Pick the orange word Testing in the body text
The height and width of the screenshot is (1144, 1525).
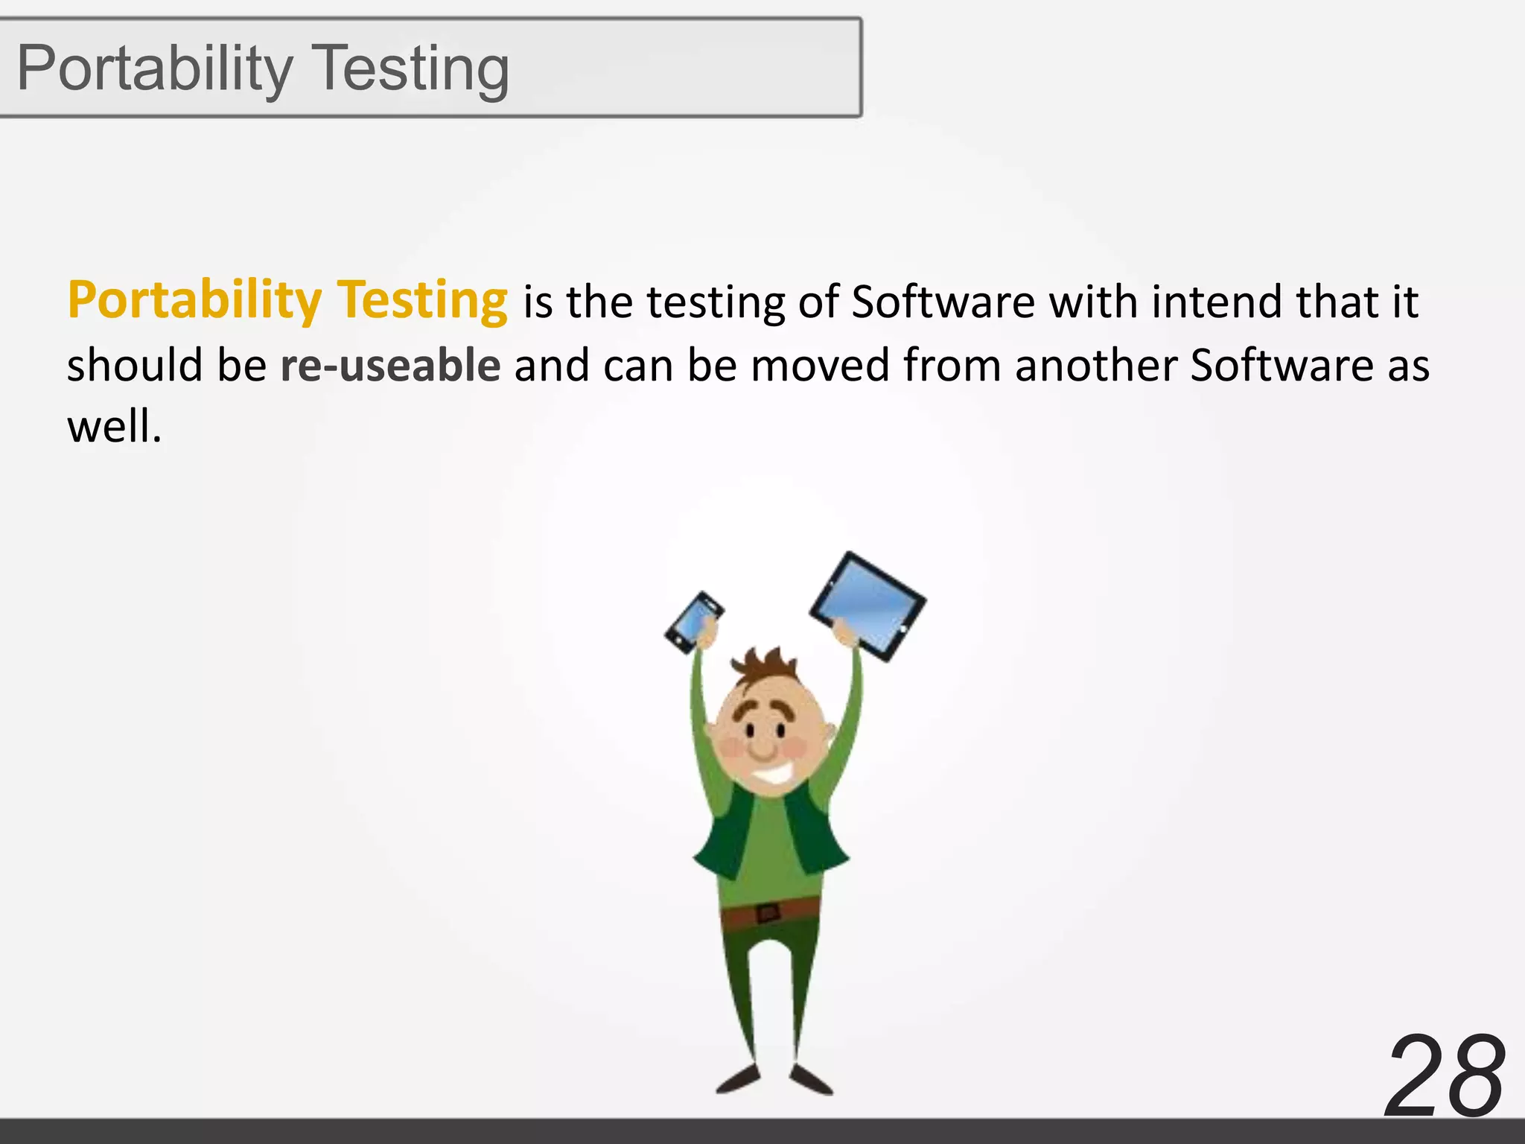422,300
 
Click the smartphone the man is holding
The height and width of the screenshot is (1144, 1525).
694,621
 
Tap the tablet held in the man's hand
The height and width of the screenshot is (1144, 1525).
868,606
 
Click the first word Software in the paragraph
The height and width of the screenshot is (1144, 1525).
943,302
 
